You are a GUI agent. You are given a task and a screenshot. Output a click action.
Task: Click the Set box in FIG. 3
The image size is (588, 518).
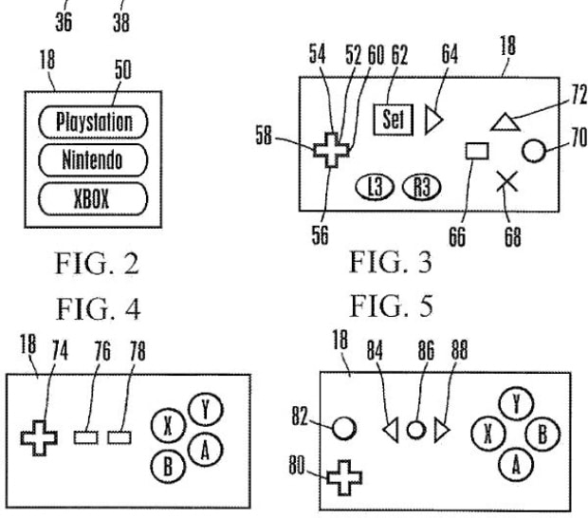pos(392,120)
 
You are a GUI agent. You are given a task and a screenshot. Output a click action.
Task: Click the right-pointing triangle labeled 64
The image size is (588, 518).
pos(433,120)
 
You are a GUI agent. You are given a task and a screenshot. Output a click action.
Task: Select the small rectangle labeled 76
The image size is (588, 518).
pos(87,436)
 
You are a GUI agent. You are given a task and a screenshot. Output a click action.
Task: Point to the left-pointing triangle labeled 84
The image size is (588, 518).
pos(389,431)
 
